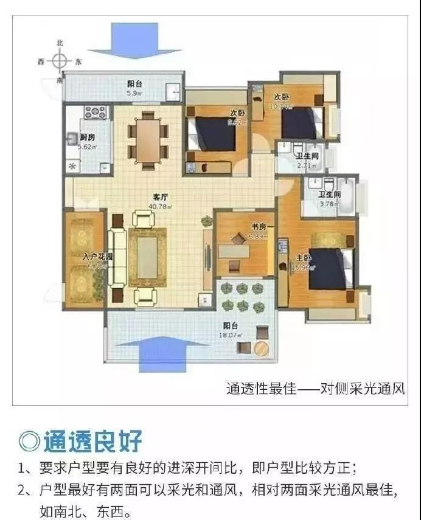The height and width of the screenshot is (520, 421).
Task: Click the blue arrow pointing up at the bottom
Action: tap(159, 348)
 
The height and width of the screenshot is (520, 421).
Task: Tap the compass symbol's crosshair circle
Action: tap(59, 61)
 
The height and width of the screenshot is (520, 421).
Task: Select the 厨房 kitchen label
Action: tap(87, 137)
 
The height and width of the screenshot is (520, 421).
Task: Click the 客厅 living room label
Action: tap(160, 198)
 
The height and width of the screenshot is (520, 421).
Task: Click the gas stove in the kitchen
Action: tap(96, 113)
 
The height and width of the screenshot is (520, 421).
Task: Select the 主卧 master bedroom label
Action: tap(302, 258)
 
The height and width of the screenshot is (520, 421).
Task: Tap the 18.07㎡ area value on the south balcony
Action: tap(233, 335)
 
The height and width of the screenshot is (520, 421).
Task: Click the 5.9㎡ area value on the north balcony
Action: tap(134, 94)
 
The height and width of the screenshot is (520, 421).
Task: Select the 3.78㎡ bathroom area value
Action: tap(329, 203)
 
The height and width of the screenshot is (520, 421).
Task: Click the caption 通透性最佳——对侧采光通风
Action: tap(315, 388)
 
